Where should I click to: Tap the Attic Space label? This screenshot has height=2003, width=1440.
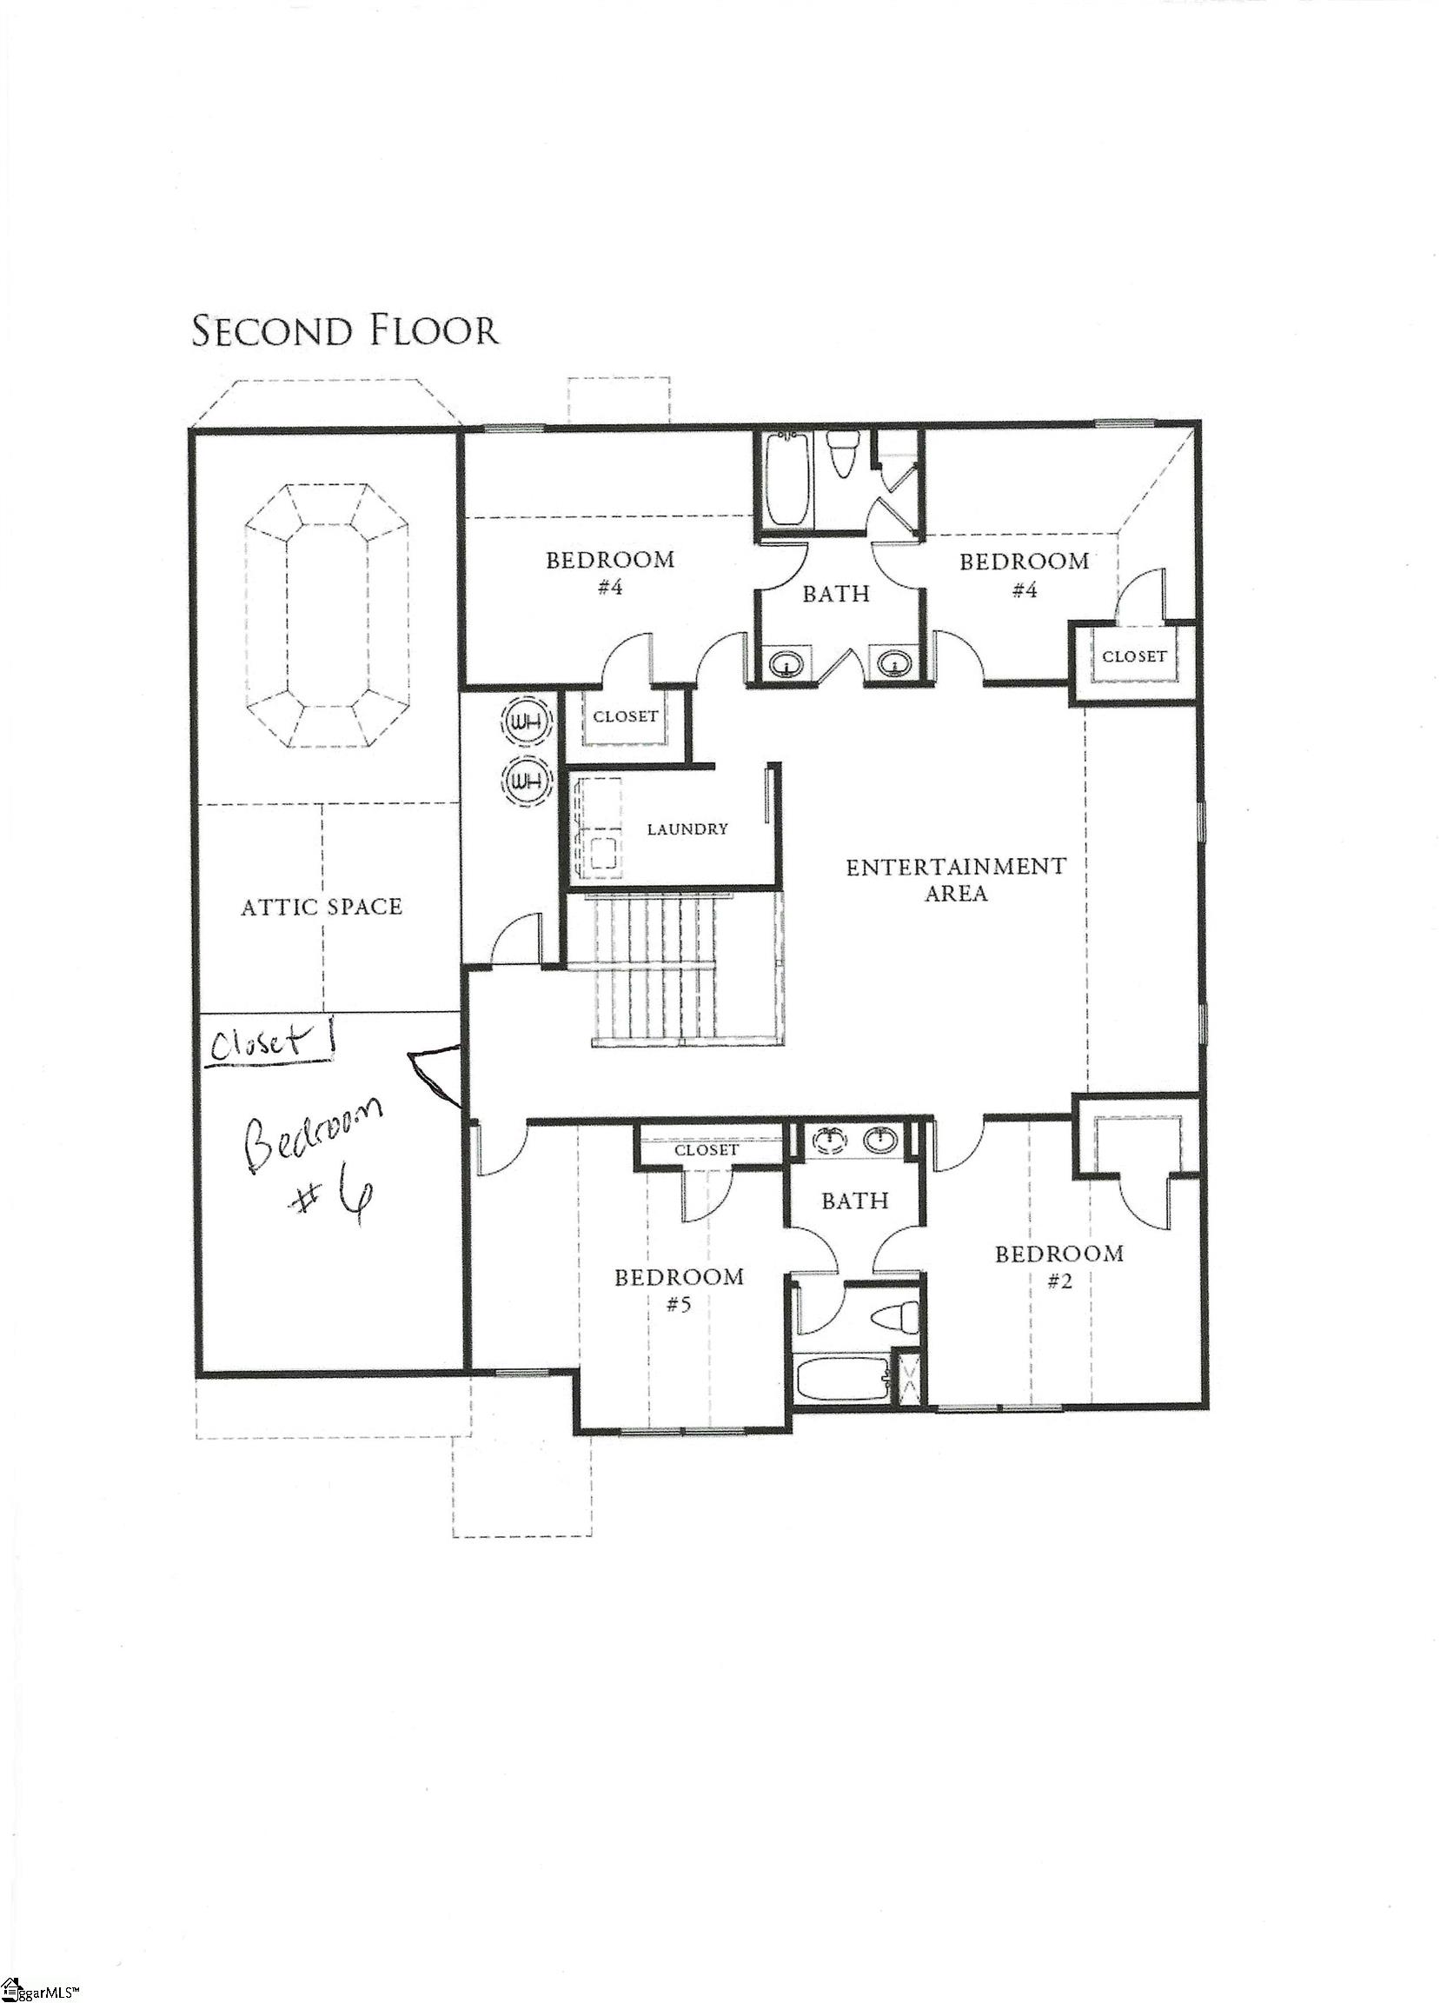pyautogui.click(x=322, y=906)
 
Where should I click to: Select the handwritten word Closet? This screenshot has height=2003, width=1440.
pyautogui.click(x=255, y=1044)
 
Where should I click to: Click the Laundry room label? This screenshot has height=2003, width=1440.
pyautogui.click(x=687, y=828)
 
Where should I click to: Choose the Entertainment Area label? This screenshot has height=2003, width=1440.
pyautogui.click(x=955, y=879)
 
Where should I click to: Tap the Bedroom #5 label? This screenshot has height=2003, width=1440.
pyautogui.click(x=679, y=1289)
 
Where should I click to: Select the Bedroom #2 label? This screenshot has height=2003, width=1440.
pyautogui.click(x=1059, y=1267)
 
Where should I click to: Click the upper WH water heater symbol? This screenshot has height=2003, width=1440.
pyautogui.click(x=528, y=722)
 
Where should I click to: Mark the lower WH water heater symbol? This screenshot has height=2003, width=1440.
pyautogui.click(x=528, y=780)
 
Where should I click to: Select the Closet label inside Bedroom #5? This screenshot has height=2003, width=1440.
pyautogui.click(x=706, y=1150)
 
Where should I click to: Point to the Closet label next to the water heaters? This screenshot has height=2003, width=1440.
pyautogui.click(x=625, y=716)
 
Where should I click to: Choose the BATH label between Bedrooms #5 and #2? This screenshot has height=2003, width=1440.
pyautogui.click(x=853, y=1201)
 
